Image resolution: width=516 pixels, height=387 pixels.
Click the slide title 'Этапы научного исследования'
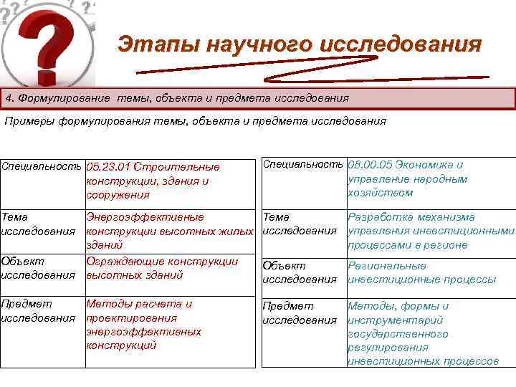(300, 44)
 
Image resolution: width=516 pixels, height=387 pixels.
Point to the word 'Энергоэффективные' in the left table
(145, 217)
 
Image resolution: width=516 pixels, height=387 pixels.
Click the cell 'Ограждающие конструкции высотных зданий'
(162, 268)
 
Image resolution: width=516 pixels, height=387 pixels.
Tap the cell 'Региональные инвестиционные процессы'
(421, 272)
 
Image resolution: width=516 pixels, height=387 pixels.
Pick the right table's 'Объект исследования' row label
(300, 272)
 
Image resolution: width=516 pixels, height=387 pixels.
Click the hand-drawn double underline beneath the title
(312, 72)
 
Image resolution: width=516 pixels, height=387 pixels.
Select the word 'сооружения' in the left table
(118, 195)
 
